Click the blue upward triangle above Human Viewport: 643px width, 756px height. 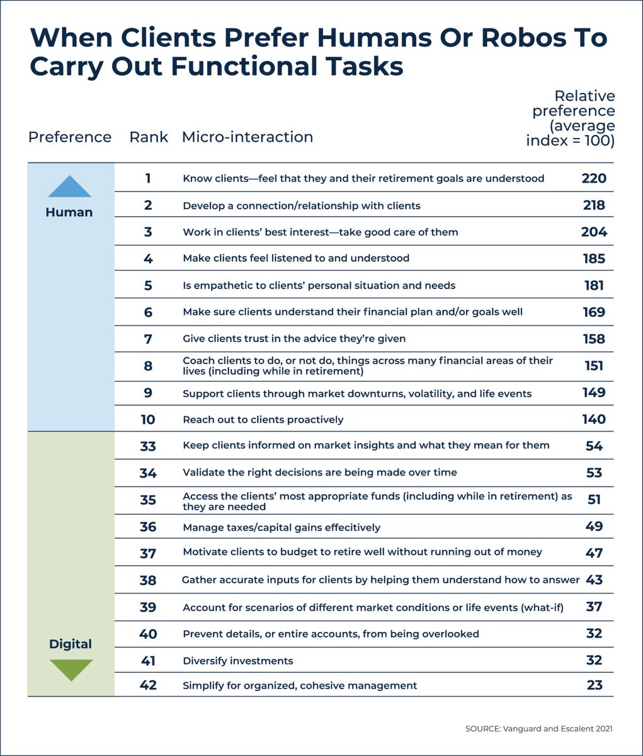point(69,187)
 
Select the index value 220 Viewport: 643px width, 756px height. point(594,178)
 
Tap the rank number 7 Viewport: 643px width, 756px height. point(148,339)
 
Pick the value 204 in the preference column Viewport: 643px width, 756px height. point(594,232)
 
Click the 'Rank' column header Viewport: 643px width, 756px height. point(149,137)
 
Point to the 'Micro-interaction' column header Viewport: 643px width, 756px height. point(248,137)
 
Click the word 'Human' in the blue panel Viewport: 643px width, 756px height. point(69,212)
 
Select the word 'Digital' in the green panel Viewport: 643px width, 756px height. point(71,644)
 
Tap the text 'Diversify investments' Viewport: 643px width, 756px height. point(238,661)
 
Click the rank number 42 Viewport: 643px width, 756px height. point(148,685)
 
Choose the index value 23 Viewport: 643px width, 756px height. point(594,685)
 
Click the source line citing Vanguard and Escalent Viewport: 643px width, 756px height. point(538,729)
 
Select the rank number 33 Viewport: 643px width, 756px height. point(148,446)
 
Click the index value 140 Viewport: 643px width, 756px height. point(594,420)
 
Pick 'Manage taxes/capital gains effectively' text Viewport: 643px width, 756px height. point(282,527)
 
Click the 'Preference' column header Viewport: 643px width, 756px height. point(70,137)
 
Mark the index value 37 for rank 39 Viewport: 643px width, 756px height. point(594,607)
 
